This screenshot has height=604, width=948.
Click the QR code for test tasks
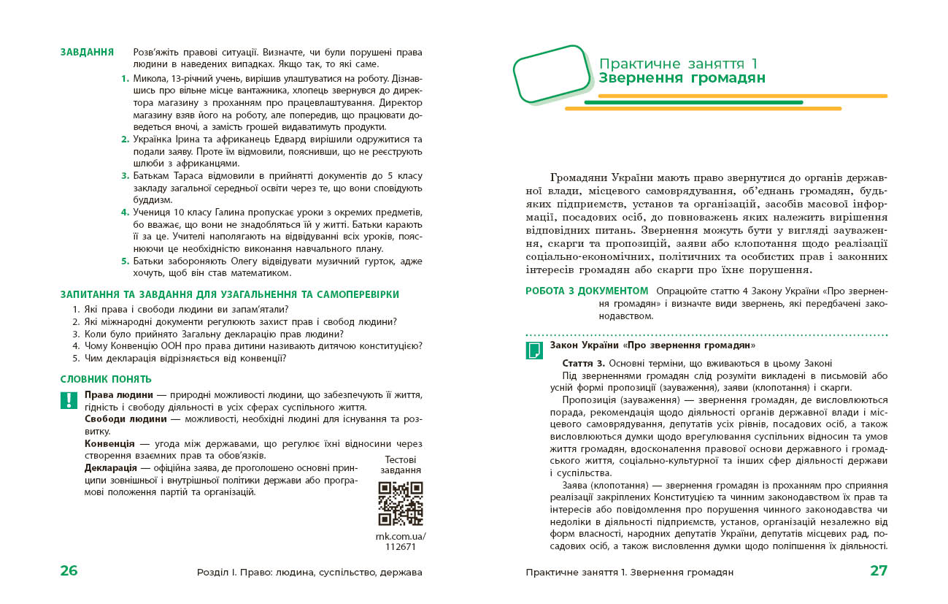click(401, 503)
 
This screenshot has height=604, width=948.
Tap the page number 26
click(69, 571)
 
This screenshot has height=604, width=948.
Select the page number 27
click(879, 571)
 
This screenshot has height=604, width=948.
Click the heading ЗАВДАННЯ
click(87, 53)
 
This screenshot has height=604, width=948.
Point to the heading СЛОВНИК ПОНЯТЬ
click(106, 379)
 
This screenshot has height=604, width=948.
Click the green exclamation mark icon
click(68, 400)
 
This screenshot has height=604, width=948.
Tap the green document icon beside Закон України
click(534, 350)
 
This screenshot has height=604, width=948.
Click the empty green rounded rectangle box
click(552, 70)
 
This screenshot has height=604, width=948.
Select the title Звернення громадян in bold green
click(682, 79)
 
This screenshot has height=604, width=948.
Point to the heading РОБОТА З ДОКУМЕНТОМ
click(587, 291)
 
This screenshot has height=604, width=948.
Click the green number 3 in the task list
click(125, 176)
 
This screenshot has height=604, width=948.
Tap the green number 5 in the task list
click(125, 261)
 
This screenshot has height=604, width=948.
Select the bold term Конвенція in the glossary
click(109, 444)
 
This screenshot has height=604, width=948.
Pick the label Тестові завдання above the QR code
click(401, 465)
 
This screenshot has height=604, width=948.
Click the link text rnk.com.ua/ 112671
click(401, 541)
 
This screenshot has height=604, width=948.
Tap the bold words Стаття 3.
click(584, 363)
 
